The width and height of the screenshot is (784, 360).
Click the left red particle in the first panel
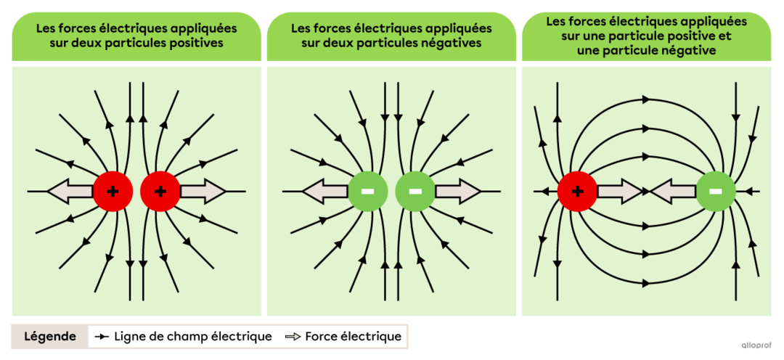click(113, 192)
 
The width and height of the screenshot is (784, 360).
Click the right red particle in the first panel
click(160, 192)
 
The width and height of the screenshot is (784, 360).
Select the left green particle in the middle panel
click(368, 192)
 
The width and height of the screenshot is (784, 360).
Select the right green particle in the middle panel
click(415, 192)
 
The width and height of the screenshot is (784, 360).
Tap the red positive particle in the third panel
click(577, 192)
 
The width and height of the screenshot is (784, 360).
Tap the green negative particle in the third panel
click(716, 192)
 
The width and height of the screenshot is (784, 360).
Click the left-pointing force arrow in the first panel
click(70, 192)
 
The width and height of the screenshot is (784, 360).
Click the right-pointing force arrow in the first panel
click(203, 192)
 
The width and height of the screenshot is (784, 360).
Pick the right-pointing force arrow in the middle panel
click(457, 192)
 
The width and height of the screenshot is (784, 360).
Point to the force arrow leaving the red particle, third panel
click(620, 192)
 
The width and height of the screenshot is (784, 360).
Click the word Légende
click(50, 337)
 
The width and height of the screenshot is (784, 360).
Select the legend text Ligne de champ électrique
click(192, 337)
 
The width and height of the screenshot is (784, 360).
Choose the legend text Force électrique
click(353, 337)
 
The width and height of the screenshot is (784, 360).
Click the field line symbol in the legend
click(102, 337)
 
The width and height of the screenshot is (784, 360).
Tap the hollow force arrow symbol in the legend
click(293, 337)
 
